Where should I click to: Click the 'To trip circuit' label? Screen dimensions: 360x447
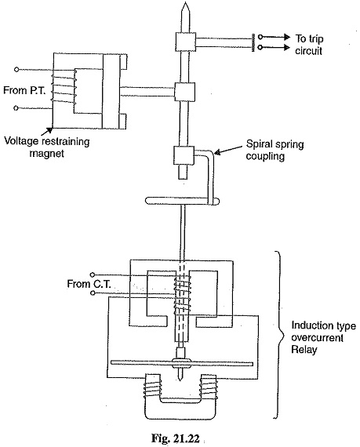309,45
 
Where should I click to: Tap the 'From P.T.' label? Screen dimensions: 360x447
24,90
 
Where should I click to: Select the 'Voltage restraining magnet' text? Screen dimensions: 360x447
47,147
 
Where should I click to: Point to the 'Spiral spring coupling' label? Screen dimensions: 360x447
275,151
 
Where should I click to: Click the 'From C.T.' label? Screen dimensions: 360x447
89,284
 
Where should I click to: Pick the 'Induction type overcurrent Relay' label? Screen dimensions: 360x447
323,337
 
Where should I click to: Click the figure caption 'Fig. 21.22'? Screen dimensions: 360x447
176,438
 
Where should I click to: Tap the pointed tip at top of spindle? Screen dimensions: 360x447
185,2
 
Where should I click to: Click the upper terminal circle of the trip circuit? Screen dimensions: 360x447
260,37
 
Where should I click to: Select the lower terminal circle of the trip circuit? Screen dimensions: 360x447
260,47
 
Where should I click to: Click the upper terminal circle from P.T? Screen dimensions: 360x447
16,69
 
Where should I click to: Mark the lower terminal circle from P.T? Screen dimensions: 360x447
16,108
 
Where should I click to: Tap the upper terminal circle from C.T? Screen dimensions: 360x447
92,274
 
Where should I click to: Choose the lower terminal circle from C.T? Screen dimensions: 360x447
92,293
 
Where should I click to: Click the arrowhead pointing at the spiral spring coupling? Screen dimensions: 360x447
218,152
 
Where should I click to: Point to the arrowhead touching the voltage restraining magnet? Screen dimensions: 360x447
50,130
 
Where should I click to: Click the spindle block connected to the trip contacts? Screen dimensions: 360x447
186,42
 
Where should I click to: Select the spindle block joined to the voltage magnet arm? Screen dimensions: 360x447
184,92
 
